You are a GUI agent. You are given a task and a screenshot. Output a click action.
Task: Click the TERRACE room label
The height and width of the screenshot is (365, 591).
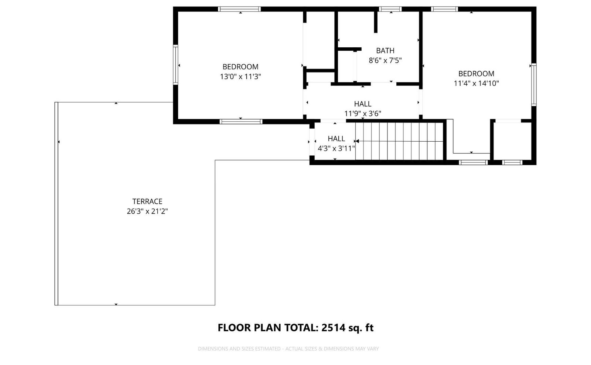click(x=147, y=202)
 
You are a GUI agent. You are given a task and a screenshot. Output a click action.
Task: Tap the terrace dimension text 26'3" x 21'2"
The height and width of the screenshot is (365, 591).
click(x=147, y=211)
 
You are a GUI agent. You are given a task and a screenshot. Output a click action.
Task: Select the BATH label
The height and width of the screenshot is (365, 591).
click(x=385, y=50)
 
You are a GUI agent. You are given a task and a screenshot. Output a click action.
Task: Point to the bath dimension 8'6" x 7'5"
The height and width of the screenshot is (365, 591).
click(x=385, y=61)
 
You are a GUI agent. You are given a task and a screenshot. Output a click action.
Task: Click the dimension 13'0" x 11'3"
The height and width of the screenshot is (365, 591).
click(x=240, y=77)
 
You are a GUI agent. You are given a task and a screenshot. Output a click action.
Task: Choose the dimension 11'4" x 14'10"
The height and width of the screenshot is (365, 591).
click(x=476, y=84)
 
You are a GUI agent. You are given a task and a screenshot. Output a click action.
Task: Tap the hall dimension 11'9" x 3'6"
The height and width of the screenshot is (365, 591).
click(x=363, y=114)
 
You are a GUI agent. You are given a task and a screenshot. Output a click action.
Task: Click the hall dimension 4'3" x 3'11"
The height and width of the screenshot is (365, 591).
click(x=336, y=148)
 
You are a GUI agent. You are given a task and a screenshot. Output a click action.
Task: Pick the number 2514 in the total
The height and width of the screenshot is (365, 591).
click(x=333, y=328)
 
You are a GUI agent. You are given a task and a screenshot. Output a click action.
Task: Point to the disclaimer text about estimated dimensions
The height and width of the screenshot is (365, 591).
click(x=288, y=349)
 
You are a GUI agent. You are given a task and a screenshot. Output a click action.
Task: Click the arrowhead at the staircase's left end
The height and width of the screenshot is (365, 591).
click(x=357, y=141)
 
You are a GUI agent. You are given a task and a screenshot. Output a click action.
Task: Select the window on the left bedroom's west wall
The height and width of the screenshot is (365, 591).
click(x=175, y=65)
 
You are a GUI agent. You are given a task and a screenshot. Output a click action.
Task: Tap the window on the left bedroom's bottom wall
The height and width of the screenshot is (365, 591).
click(x=241, y=122)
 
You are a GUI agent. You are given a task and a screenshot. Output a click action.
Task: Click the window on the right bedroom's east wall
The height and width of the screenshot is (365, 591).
click(x=534, y=85)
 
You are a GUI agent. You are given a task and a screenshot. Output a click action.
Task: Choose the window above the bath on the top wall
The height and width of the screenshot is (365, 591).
click(x=390, y=9)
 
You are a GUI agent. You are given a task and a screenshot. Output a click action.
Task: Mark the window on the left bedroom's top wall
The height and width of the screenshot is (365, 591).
click(x=239, y=9)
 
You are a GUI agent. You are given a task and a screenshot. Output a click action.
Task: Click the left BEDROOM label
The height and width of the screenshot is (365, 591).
click(x=240, y=67)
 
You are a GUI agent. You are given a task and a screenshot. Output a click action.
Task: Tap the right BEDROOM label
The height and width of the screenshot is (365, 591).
click(x=476, y=74)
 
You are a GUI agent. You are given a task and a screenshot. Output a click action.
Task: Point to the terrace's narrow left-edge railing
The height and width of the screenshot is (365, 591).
click(x=56, y=204)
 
